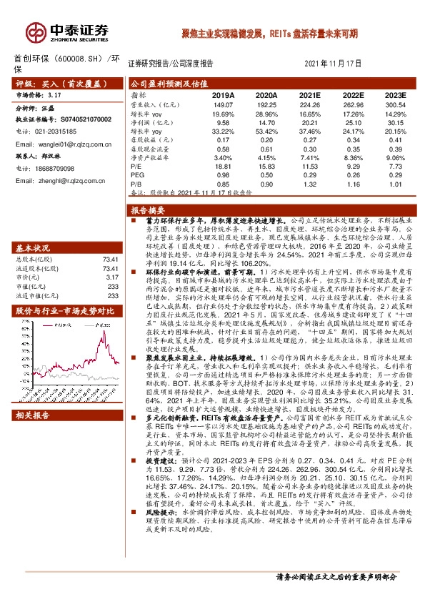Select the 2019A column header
[x=224, y=94]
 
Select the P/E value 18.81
[x=224, y=165]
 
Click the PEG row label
[x=136, y=174]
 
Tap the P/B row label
[x=136, y=184]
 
